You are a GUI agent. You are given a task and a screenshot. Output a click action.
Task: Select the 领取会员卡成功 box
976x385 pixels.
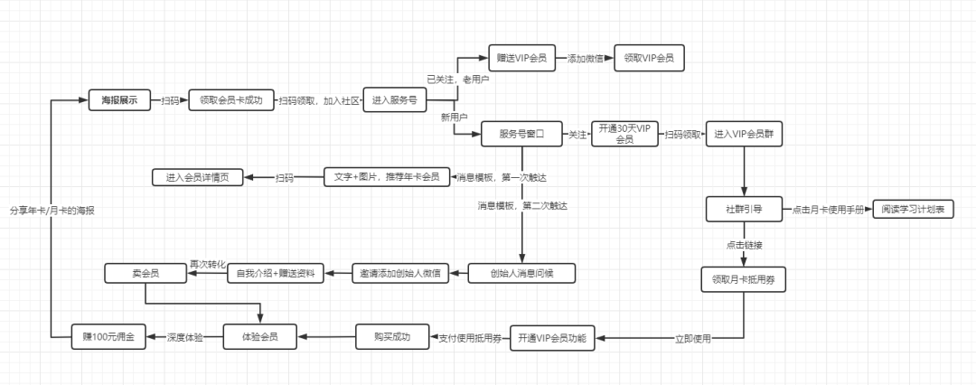tap(230, 101)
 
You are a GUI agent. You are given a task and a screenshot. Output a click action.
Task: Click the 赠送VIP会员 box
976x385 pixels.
tap(522, 59)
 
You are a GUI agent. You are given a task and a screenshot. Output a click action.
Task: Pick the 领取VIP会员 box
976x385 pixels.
tap(648, 59)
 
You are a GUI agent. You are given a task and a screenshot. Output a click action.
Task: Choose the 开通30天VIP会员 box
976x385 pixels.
tap(624, 134)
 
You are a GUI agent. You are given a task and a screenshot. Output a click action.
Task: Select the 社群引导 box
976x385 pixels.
tap(744, 210)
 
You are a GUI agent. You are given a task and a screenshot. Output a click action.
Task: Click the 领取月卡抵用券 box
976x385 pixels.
tap(744, 279)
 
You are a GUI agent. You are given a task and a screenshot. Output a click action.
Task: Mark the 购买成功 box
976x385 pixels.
tap(391, 337)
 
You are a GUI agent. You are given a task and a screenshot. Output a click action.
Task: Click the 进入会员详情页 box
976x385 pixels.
tap(197, 177)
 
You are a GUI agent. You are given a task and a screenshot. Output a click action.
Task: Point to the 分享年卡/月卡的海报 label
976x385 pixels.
tap(52, 211)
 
